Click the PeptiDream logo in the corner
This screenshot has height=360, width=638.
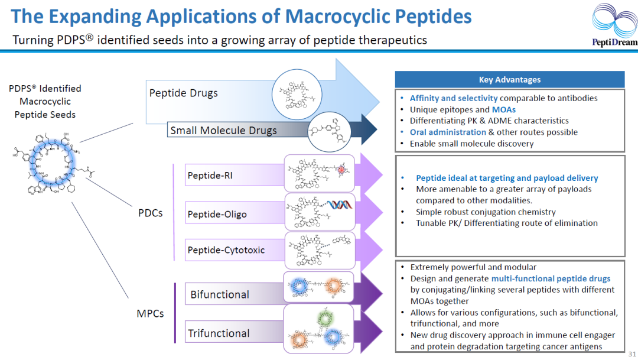pos(614,25)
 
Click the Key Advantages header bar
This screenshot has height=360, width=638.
pos(509,80)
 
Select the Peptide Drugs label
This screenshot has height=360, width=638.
pos(183,93)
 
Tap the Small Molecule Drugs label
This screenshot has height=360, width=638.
pos(223,130)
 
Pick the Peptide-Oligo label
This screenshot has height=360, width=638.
pos(217,213)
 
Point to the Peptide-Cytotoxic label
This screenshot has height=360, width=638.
pos(226,250)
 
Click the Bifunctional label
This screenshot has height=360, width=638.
pos(220,294)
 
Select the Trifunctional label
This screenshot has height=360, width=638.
pos(219,333)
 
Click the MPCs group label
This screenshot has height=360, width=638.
pos(151,313)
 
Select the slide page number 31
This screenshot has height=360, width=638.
pos(632,353)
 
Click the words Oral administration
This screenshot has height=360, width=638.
pos(448,132)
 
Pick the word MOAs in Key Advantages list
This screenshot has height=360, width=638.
pos(504,109)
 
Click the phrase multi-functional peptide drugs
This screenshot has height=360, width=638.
pos(551,278)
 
